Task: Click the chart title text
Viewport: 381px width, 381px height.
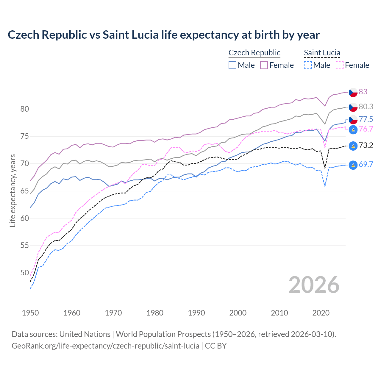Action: pos(163,35)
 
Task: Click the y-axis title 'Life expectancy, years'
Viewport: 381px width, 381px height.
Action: pos(13,190)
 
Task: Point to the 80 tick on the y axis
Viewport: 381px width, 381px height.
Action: pos(25,109)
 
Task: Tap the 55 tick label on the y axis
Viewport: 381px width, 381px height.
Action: pos(25,246)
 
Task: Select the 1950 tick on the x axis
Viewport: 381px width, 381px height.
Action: pos(30,313)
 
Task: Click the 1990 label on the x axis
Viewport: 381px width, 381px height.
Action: pos(196,313)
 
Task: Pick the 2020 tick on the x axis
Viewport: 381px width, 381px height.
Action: pos(321,313)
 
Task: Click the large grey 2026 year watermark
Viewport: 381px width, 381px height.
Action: pos(314,285)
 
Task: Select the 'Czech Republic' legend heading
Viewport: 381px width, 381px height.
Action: pos(254,53)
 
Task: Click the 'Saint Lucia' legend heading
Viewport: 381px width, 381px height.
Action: pos(322,53)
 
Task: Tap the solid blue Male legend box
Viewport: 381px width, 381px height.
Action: pos(232,65)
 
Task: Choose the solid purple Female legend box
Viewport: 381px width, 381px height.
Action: pos(264,65)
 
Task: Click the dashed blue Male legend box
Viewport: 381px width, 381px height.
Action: pos(308,65)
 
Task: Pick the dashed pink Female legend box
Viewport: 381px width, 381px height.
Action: pos(339,65)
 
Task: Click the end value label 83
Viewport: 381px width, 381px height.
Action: pos(363,92)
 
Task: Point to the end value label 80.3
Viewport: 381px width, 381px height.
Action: pos(366,107)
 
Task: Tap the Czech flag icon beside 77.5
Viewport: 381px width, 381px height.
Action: pos(353,119)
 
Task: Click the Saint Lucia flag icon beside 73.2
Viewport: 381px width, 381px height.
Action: pos(353,146)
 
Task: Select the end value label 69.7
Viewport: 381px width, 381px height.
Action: pos(366,164)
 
